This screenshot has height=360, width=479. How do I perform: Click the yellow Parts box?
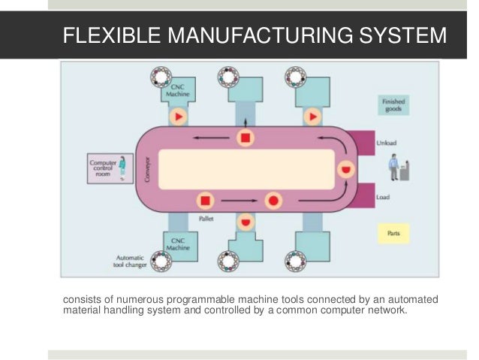(x=393, y=234)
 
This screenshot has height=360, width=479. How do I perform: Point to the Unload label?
(x=387, y=141)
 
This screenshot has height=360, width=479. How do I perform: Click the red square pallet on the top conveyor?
(x=245, y=138)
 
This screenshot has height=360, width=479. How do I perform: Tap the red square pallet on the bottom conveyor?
(x=206, y=201)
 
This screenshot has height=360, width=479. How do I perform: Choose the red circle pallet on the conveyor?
(x=273, y=201)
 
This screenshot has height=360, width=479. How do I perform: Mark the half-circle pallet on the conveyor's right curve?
(x=345, y=168)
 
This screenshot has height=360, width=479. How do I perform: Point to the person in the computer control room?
(x=120, y=168)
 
